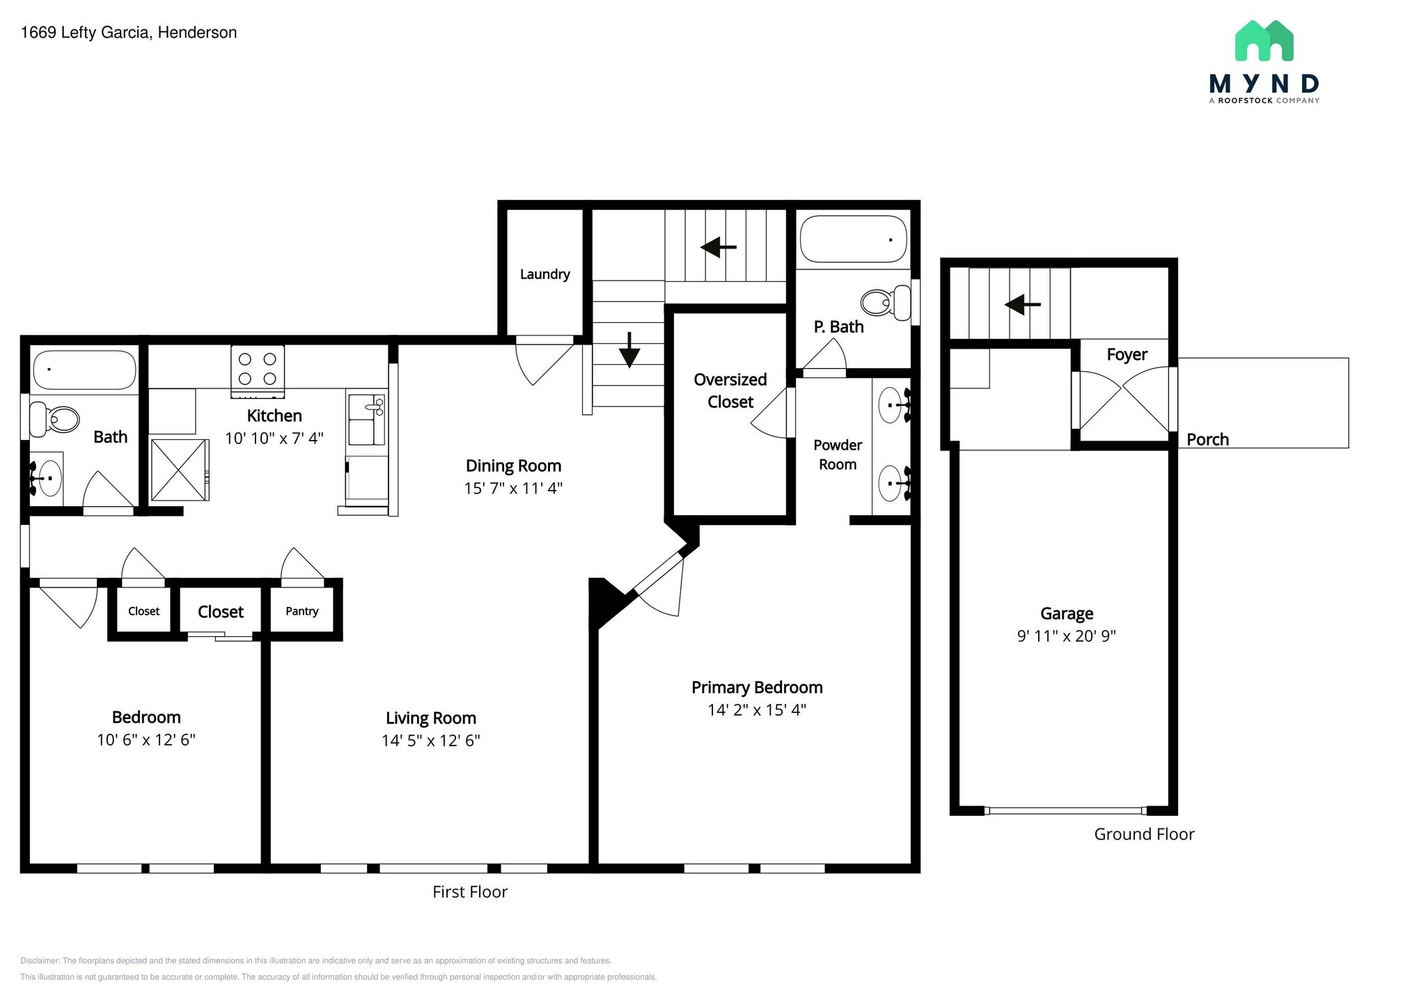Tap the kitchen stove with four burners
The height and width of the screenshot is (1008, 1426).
(258, 370)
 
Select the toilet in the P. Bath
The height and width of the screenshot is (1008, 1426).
(885, 303)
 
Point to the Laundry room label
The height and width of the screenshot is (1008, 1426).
(544, 274)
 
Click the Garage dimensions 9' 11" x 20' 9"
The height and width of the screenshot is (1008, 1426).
(1066, 636)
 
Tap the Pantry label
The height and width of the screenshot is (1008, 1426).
(301, 611)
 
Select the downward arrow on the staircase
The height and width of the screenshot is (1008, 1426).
(629, 350)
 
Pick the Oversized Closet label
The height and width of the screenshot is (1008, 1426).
(730, 391)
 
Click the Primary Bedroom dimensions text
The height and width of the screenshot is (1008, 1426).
(757, 710)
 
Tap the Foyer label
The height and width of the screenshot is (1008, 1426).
(1127, 354)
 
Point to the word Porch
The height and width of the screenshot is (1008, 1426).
(1207, 439)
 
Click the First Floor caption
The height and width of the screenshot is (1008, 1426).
(470, 892)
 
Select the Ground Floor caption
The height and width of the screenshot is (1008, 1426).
(1144, 834)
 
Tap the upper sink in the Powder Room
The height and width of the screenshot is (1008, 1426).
(891, 405)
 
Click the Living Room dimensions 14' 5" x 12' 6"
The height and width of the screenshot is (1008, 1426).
(430, 741)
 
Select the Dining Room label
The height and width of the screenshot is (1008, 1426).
(513, 466)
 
